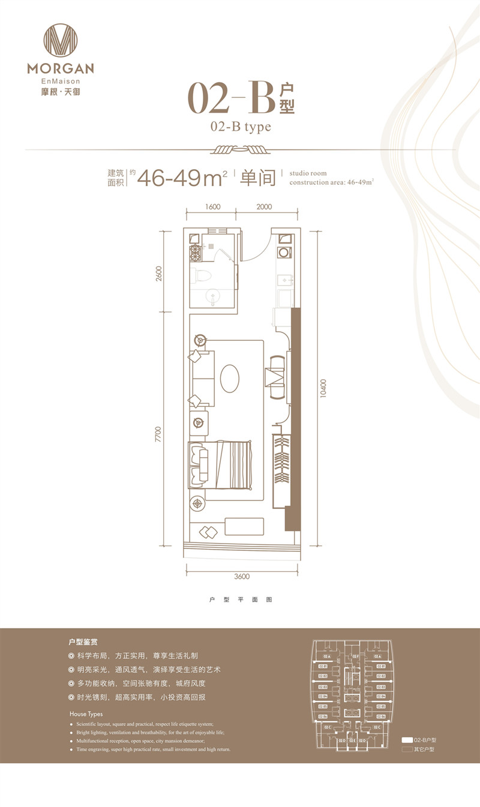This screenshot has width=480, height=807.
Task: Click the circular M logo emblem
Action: point(61,40)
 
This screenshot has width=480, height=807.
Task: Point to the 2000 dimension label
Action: point(264,206)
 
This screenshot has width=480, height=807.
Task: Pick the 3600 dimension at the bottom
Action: point(242,577)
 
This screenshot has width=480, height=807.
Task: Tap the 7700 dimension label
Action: point(158,434)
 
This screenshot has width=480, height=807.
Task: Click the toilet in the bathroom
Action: point(200,276)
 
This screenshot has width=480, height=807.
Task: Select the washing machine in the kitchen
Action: point(284,253)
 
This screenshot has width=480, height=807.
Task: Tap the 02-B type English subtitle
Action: point(241,127)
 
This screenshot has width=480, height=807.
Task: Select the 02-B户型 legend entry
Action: point(420,740)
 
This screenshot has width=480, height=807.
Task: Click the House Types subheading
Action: point(86,714)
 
